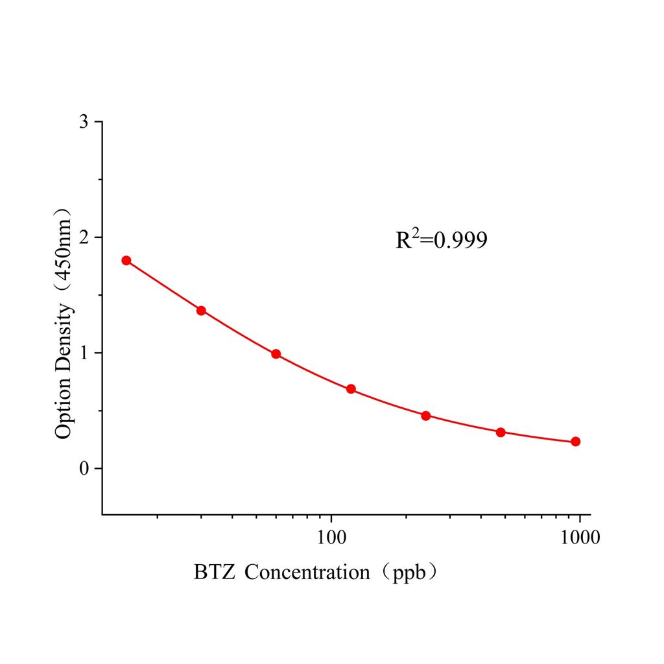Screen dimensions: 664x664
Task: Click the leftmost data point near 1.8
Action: pyautogui.click(x=126, y=261)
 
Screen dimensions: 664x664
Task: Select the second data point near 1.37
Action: pyautogui.click(x=201, y=311)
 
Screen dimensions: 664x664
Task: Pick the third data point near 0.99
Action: pyautogui.click(x=276, y=354)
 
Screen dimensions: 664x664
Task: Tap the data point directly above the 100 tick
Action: pyautogui.click(x=351, y=389)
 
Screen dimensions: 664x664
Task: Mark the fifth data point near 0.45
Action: pyautogui.click(x=426, y=416)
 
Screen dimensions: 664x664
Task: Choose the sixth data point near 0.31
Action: pyautogui.click(x=501, y=432)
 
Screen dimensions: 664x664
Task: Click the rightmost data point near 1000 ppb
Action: pyautogui.click(x=575, y=442)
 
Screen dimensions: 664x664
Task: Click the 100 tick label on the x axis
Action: pyautogui.click(x=331, y=538)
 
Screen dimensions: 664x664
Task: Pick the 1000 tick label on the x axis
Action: pyautogui.click(x=579, y=538)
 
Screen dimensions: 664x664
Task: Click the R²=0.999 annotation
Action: pyautogui.click(x=441, y=241)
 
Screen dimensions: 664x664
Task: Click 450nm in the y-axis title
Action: pyautogui.click(x=64, y=250)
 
